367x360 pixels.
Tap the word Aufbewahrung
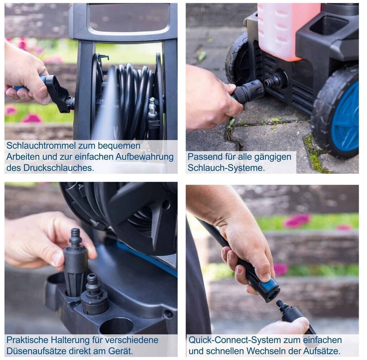(x=144, y=157)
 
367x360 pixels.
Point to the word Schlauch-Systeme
(x=226, y=168)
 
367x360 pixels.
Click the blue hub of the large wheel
(x=346, y=119)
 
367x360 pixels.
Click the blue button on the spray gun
(x=270, y=284)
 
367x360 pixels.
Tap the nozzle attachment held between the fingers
(x=75, y=262)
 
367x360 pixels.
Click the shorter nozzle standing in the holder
(x=94, y=295)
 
